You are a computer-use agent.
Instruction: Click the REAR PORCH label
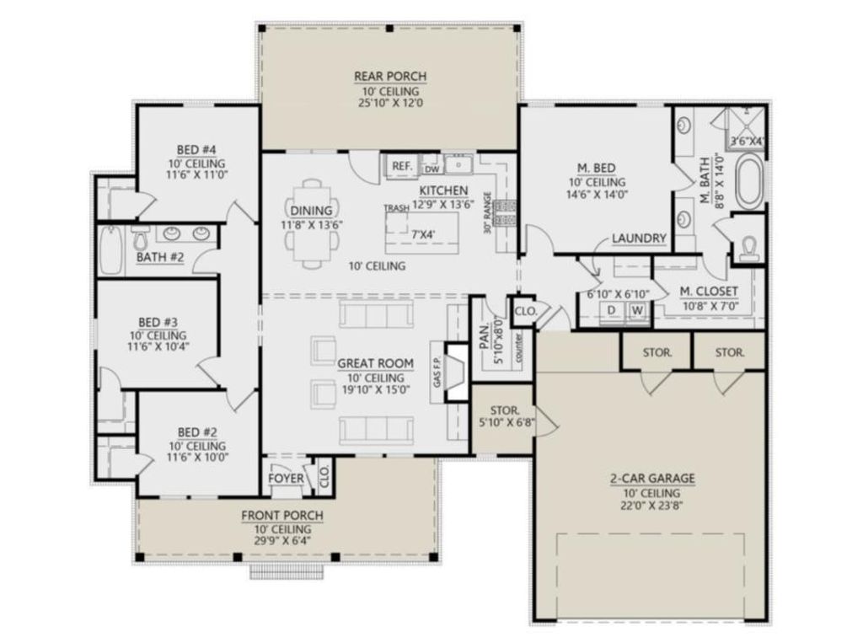pos(389,77)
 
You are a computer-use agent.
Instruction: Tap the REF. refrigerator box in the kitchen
pos(402,166)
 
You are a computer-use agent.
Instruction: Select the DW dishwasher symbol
pos(431,167)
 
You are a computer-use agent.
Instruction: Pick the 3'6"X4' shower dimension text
pos(746,142)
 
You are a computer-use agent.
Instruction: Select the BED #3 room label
pos(158,322)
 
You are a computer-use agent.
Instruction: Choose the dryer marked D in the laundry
pos(611,310)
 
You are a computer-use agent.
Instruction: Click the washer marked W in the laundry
pos(637,310)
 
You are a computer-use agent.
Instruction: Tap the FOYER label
pos(286,480)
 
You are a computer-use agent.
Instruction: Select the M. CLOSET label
pos(708,292)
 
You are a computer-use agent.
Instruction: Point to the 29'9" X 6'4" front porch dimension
pos(282,542)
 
